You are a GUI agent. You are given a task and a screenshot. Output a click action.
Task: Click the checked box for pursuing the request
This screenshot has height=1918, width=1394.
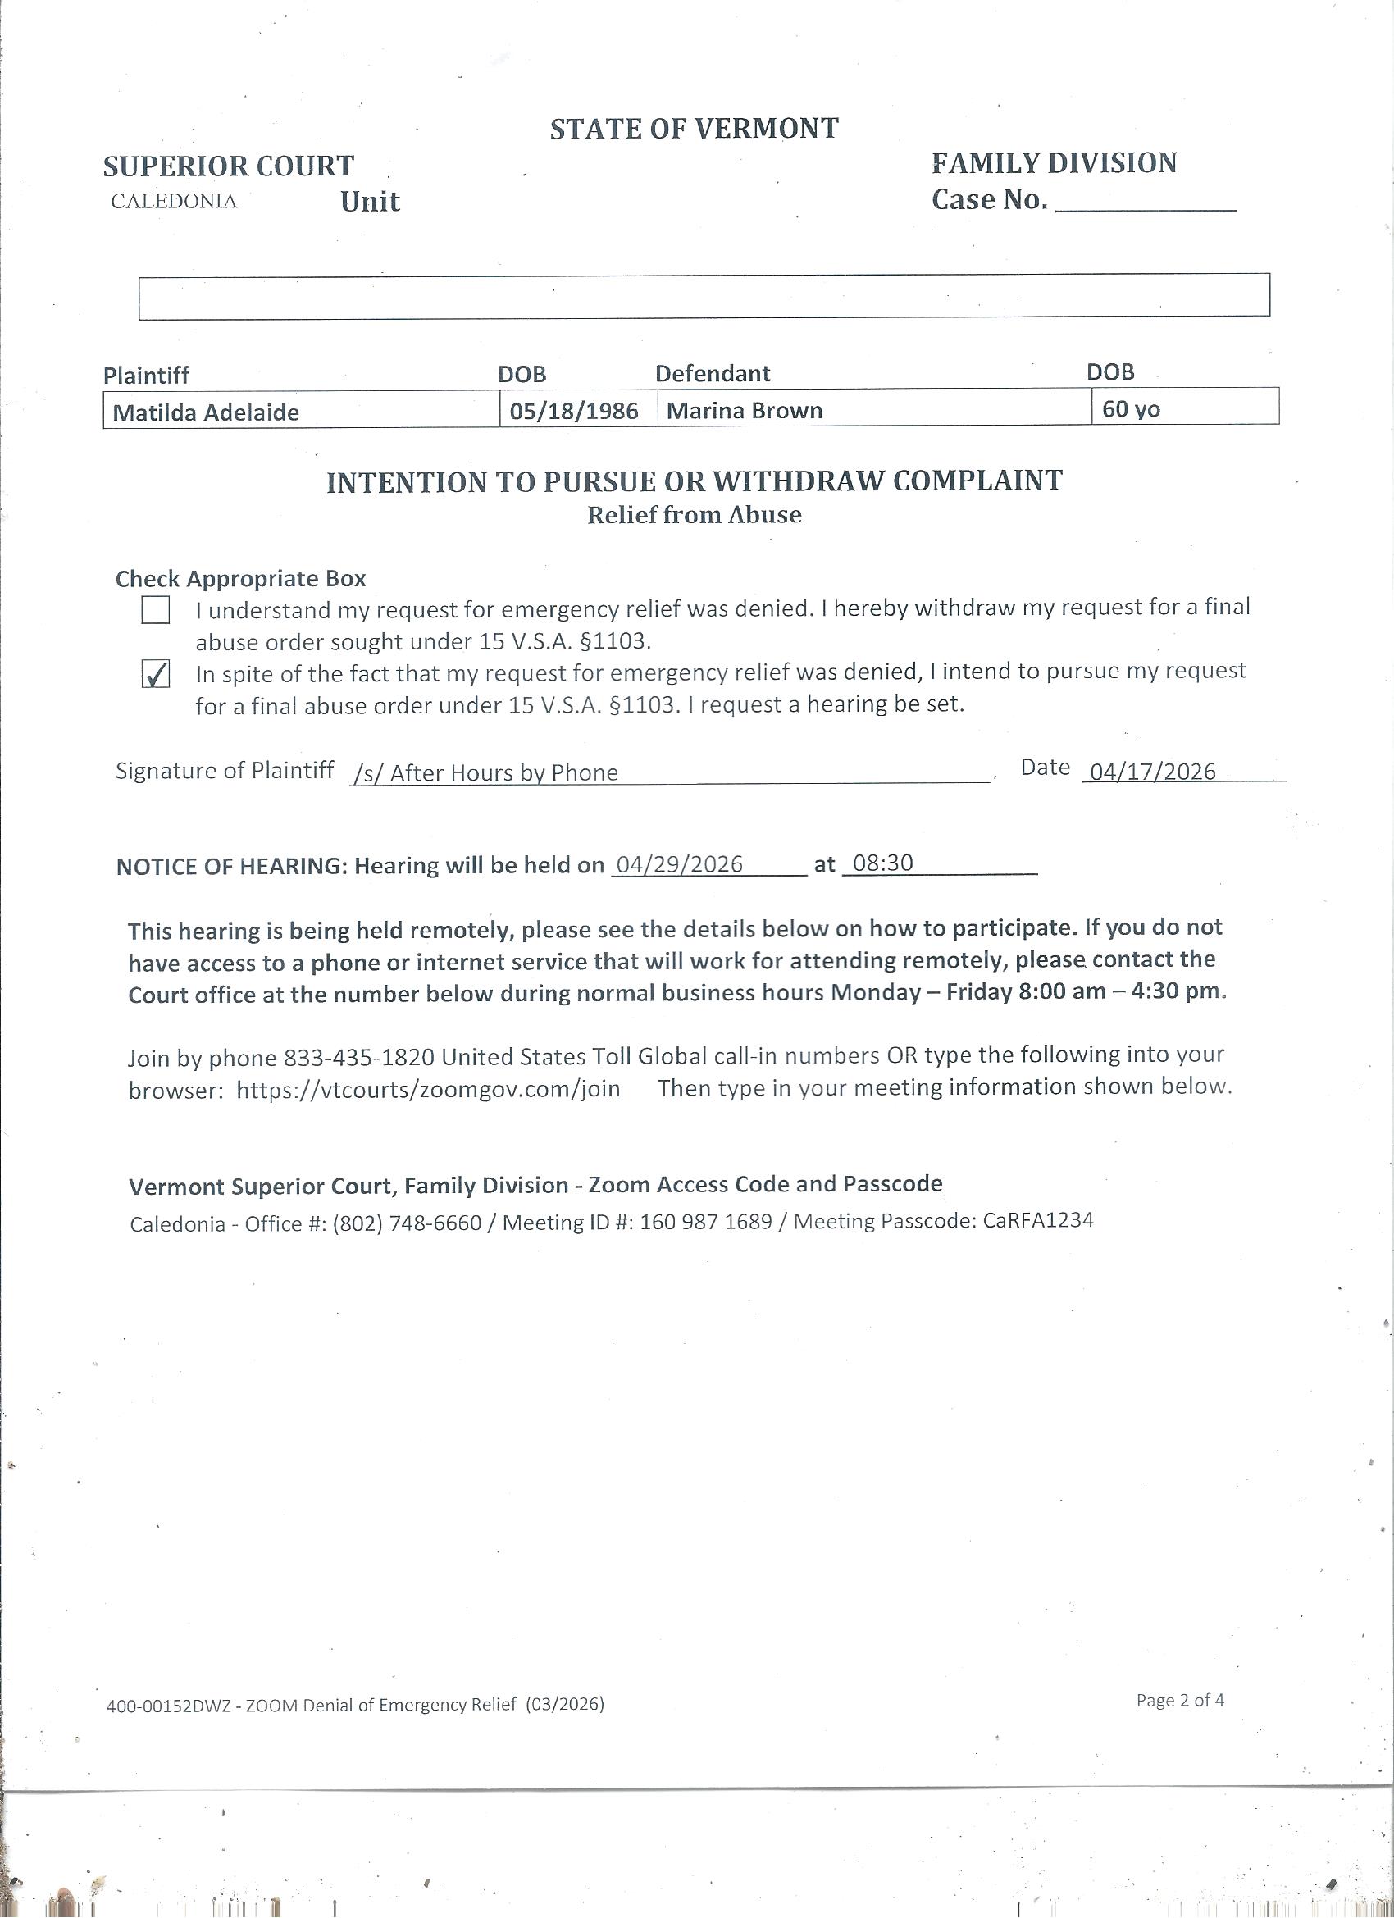tap(156, 674)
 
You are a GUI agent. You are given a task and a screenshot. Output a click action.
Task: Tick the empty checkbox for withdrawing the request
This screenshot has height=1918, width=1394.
tap(156, 610)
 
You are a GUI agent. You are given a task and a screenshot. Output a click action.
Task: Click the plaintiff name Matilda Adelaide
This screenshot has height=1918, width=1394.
tap(206, 412)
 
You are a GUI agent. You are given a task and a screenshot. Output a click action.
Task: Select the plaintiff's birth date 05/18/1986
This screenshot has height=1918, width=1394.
tap(573, 411)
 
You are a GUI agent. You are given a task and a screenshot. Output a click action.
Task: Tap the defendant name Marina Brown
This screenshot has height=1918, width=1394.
tap(745, 410)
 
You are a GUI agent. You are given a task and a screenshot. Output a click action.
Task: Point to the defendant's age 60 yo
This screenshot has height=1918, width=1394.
tap(1131, 409)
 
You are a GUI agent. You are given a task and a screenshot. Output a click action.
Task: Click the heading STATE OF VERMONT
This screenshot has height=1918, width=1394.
tap(694, 129)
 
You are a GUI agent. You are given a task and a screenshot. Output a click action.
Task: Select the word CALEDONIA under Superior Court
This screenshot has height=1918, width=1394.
tap(173, 201)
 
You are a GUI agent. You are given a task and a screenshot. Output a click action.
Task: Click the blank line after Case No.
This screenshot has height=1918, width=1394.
tap(1146, 203)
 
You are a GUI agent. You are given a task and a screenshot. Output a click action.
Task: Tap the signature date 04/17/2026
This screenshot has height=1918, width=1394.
tap(1153, 772)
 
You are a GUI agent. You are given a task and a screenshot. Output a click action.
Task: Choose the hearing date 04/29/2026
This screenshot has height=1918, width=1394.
tap(679, 863)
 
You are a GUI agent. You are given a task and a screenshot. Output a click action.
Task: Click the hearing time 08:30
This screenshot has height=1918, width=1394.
tap(883, 863)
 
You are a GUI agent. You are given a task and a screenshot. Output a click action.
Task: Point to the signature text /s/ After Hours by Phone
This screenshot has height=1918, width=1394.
tap(485, 772)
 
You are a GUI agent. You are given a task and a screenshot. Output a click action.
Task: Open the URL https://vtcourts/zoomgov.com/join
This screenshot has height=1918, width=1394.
tap(428, 1089)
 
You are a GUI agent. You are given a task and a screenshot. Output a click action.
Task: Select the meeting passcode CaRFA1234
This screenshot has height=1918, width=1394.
tap(1038, 1220)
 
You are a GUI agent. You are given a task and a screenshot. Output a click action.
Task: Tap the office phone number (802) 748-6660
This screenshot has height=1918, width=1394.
tap(406, 1223)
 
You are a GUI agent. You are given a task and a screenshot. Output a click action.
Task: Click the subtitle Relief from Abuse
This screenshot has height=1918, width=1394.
tap(694, 515)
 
